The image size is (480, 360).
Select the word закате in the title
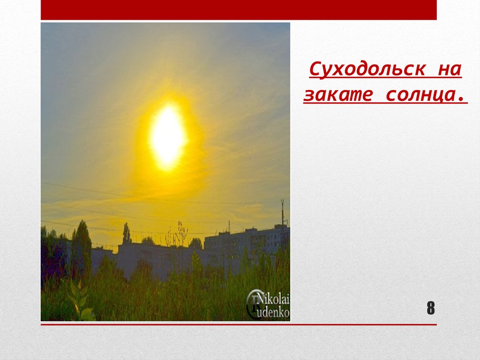(x=338, y=95)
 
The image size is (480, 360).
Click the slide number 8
(x=430, y=309)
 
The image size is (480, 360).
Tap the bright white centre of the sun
(x=167, y=136)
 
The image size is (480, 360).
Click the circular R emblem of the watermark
(x=255, y=305)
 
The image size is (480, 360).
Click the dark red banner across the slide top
(x=239, y=10)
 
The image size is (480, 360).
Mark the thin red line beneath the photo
(x=239, y=324)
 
